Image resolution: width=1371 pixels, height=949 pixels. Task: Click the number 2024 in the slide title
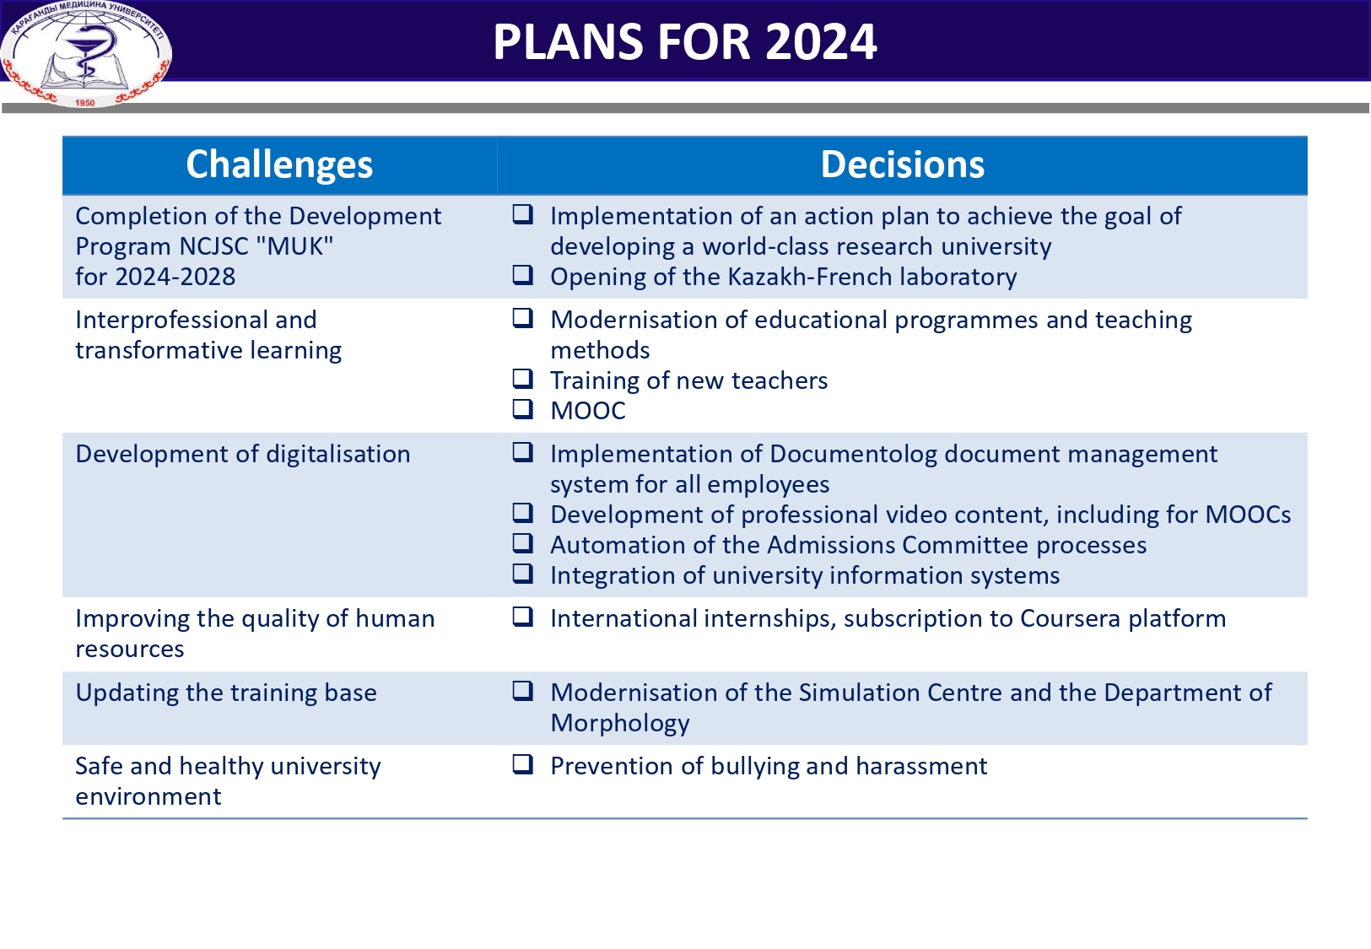tap(821, 42)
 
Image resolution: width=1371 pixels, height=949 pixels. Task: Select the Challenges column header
tap(279, 164)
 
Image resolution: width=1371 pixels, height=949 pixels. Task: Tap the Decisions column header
tap(902, 164)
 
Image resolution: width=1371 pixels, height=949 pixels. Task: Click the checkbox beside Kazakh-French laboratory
tap(523, 275)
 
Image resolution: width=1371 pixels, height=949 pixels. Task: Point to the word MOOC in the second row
tap(588, 411)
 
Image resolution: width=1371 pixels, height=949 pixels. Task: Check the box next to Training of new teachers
tap(523, 379)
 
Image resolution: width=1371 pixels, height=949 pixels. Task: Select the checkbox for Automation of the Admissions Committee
tap(523, 543)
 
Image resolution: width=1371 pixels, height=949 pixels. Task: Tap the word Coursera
tap(1070, 618)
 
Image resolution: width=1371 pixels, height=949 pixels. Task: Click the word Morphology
tap(620, 723)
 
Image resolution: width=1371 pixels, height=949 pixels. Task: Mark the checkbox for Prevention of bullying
tap(523, 764)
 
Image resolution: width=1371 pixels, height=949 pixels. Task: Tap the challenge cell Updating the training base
tap(226, 693)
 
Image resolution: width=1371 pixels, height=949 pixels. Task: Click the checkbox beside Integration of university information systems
tap(523, 574)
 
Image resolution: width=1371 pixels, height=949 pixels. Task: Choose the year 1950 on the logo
tap(85, 103)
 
